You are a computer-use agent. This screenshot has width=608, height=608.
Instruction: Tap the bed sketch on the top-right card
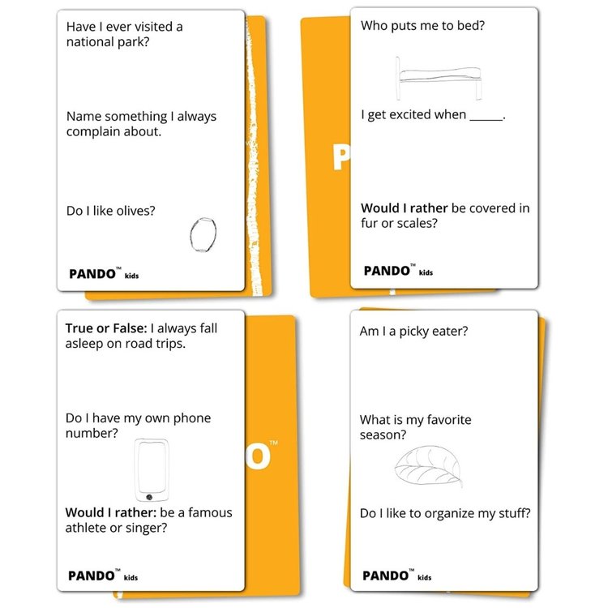pyautogui.click(x=439, y=79)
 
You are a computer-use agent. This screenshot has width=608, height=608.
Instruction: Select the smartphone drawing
pyautogui.click(x=152, y=470)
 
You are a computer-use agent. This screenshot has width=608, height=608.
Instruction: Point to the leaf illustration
pyautogui.click(x=428, y=466)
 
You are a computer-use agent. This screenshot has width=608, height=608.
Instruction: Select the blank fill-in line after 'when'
pyautogui.click(x=486, y=120)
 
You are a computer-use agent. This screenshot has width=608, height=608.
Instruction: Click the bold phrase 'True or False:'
pyautogui.click(x=106, y=328)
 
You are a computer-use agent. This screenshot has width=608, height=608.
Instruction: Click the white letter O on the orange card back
pyautogui.click(x=259, y=456)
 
